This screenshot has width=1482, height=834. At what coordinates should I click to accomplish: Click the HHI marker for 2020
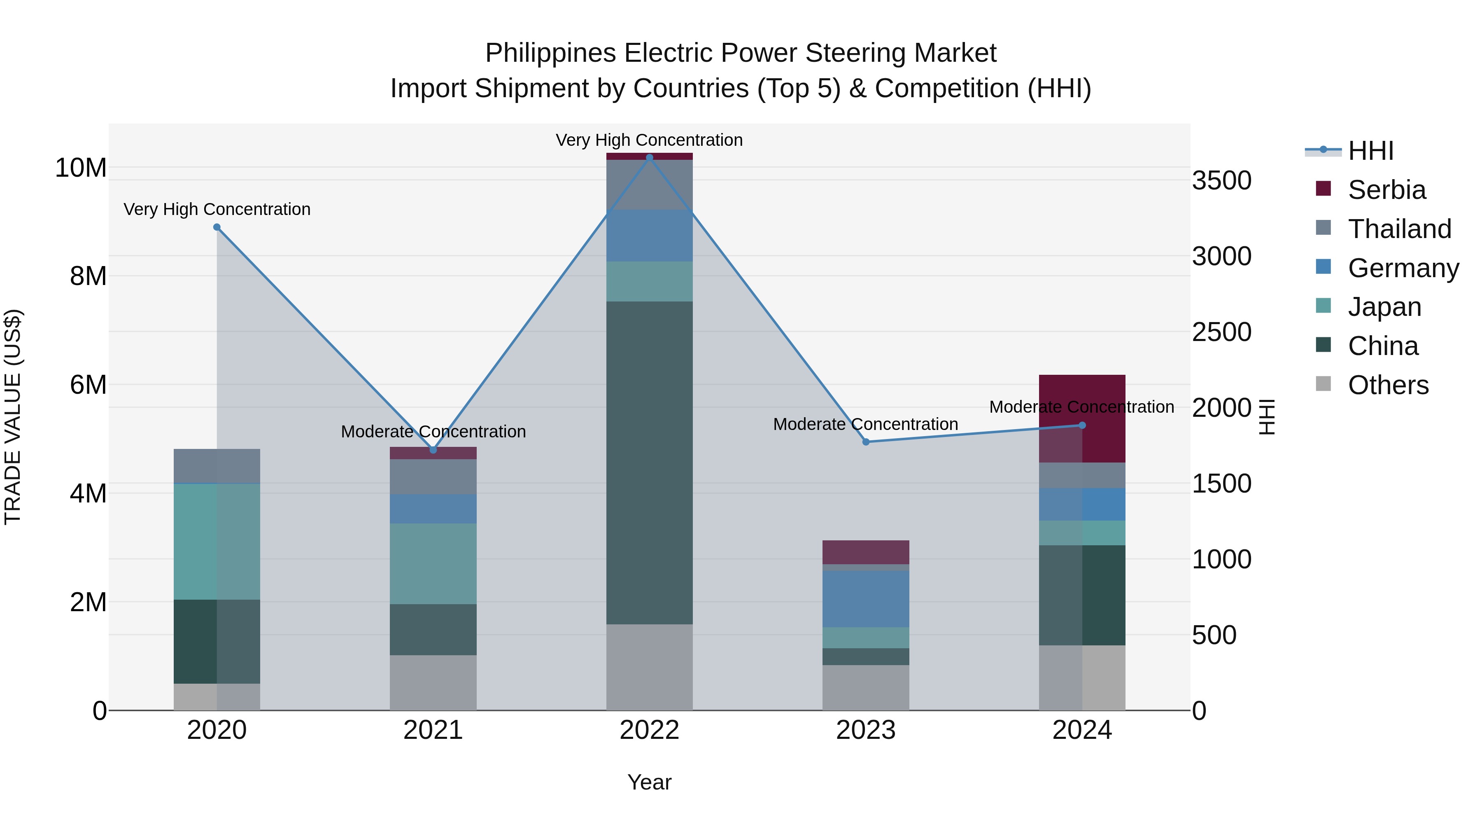217,227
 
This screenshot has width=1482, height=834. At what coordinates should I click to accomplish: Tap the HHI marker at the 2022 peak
650,157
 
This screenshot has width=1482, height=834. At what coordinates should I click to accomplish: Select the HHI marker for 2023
866,442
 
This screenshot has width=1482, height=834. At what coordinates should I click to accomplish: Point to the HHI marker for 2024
1082,425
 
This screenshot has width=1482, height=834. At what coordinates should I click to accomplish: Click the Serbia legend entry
1386,190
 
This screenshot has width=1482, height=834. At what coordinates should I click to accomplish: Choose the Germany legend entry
1403,268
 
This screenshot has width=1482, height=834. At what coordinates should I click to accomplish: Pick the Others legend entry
1388,385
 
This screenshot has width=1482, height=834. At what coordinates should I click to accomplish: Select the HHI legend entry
1370,151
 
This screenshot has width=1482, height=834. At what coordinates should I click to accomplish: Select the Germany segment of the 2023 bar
866,598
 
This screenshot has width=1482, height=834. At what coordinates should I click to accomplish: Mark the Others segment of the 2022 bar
650,667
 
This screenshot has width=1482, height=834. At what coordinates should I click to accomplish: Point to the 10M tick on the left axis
81,168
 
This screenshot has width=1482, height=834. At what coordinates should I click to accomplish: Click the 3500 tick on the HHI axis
1221,181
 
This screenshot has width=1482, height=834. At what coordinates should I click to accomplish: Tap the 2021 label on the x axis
433,730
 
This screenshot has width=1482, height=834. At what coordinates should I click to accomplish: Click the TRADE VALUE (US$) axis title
13,417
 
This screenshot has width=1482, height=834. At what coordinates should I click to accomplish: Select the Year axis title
650,782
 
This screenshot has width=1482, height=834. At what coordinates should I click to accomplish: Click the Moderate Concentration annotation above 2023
865,424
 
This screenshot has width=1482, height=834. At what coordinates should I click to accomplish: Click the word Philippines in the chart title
551,53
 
